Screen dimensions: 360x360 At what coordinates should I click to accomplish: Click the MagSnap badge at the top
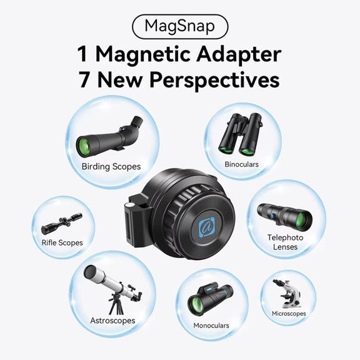180,27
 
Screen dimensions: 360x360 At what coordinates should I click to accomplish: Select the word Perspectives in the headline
214,81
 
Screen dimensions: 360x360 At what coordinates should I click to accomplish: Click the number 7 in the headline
84,79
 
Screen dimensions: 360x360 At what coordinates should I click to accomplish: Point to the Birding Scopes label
111,166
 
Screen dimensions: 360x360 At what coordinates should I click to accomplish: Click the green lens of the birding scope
84,147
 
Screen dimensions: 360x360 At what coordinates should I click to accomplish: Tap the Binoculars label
241,164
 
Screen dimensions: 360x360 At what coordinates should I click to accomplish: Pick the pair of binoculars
241,134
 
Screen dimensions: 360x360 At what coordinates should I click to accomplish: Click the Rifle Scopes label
62,242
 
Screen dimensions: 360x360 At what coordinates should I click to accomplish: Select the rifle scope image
61,223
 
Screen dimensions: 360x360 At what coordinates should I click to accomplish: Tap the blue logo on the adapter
206,227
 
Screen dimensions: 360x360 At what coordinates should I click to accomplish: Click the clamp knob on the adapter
130,205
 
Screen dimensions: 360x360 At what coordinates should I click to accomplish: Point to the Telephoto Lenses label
285,242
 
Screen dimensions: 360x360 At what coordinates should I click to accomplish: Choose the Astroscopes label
112,321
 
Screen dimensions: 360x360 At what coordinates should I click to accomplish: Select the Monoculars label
211,326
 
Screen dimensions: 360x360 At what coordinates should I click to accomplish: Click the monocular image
211,300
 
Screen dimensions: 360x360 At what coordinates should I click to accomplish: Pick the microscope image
287,294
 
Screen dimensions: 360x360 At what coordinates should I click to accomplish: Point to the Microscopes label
289,314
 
